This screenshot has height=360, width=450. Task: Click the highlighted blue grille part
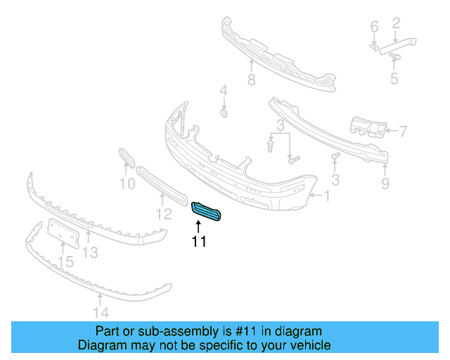[x=206, y=210]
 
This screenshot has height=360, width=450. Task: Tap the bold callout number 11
[x=199, y=242]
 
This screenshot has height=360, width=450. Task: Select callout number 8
[x=251, y=80]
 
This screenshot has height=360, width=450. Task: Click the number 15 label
[x=65, y=262]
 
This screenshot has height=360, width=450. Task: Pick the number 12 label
[x=164, y=214]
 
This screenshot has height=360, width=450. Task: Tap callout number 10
[x=127, y=184]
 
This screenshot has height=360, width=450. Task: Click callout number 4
[x=223, y=90]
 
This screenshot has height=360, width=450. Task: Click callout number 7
[x=402, y=130]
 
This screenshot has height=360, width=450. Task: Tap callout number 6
[x=374, y=27]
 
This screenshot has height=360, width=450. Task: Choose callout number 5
[x=394, y=79]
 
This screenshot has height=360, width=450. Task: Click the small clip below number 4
[x=223, y=112]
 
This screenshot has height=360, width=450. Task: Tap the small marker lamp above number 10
[x=126, y=158]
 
